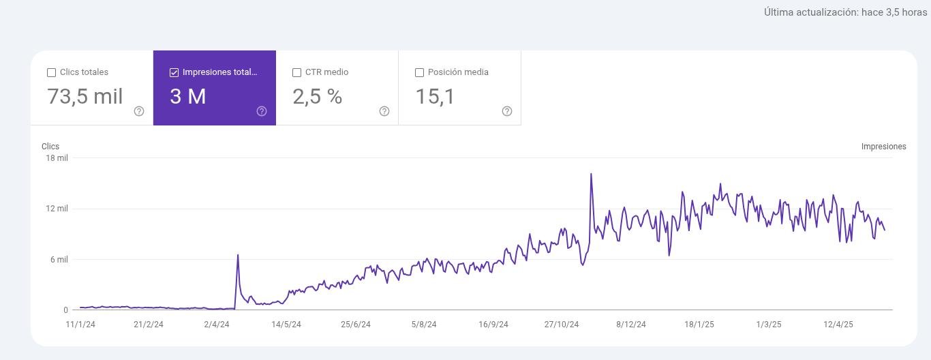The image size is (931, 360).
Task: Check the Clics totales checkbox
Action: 51,72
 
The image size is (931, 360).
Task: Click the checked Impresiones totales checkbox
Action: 174,72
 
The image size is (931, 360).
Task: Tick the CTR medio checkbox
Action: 296,72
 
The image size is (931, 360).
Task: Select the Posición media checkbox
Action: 419,72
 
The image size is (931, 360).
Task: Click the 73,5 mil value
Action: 85,96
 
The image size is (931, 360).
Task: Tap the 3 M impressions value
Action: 187,96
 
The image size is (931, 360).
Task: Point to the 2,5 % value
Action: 317,96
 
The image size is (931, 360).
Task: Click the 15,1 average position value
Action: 435,96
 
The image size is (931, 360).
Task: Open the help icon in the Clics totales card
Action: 139,111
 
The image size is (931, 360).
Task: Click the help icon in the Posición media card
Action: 507,111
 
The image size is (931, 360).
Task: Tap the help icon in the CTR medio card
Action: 384,111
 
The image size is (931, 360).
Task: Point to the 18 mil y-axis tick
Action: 57,158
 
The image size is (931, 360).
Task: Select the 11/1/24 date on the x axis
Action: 80,325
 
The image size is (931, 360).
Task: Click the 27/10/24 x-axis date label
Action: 562,325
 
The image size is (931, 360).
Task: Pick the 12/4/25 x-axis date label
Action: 838,325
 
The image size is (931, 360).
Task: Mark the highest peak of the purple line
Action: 591,174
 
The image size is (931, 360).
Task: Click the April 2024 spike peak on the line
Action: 238,255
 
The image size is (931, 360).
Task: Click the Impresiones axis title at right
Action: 883,147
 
